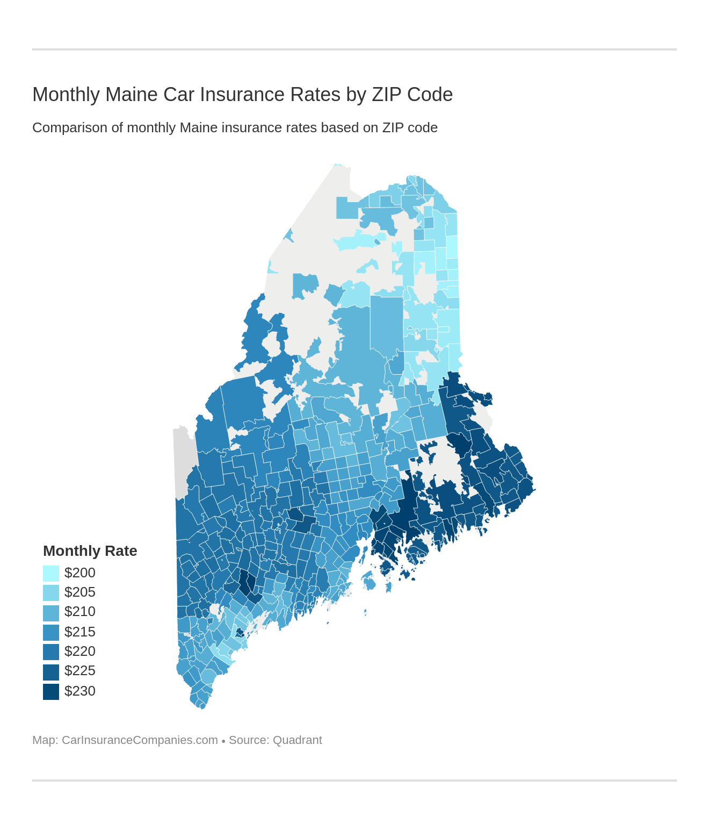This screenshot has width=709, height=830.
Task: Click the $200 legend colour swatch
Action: tap(51, 573)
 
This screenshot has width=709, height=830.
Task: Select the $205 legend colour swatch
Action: tap(51, 592)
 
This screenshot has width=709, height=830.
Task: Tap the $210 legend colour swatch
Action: tap(51, 612)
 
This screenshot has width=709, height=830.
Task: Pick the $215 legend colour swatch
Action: tap(51, 632)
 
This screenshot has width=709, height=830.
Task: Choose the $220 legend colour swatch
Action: tap(51, 652)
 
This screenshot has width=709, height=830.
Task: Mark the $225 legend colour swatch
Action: tap(51, 671)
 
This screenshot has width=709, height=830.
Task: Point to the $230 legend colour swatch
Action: tap(51, 691)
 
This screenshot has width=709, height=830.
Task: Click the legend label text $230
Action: tap(80, 691)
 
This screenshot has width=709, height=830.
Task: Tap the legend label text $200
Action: tap(80, 573)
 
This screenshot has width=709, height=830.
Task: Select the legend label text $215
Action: tap(80, 632)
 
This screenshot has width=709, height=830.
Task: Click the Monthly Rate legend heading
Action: tap(90, 551)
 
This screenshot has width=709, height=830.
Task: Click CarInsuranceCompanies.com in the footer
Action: tap(140, 740)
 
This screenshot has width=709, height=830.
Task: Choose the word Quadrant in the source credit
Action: tap(297, 740)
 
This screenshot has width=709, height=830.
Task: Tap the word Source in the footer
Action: tap(248, 740)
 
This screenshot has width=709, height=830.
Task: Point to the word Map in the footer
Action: tap(44, 740)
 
